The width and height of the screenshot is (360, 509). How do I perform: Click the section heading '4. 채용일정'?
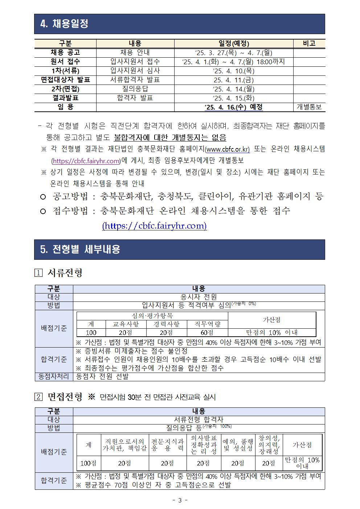coord(65,24)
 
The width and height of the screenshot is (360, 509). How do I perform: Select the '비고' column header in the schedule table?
coord(309,43)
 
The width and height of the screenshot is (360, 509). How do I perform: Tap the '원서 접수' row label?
coord(65,62)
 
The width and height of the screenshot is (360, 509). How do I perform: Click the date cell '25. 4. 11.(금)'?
coord(233,80)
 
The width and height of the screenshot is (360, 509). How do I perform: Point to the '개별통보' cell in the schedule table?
coord(309,107)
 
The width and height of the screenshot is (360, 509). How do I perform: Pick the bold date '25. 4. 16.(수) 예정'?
coord(233,107)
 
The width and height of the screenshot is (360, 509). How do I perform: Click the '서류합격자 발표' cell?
coord(135,80)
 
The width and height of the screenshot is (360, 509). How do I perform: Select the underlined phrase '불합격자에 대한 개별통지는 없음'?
coord(170,137)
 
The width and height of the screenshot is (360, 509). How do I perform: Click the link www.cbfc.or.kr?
coord(228,149)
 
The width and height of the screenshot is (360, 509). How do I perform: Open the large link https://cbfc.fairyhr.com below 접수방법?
coord(155,226)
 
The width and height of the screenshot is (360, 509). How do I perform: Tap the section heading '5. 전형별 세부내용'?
coord(80,250)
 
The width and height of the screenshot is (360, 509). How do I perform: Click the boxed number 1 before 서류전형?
coord(38,273)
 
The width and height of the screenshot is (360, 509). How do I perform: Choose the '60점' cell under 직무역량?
coord(207,332)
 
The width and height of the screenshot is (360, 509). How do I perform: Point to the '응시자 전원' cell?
coord(199,297)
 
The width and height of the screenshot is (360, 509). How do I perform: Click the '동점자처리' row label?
coord(54,377)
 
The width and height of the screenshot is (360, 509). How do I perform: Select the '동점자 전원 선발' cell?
coord(102,377)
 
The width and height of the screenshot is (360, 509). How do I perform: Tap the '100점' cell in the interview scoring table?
coord(89,463)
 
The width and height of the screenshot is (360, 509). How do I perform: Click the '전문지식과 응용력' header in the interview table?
coord(168,445)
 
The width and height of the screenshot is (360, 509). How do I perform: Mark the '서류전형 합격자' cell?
coord(199,420)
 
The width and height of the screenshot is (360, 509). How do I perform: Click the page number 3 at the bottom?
coord(180,500)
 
